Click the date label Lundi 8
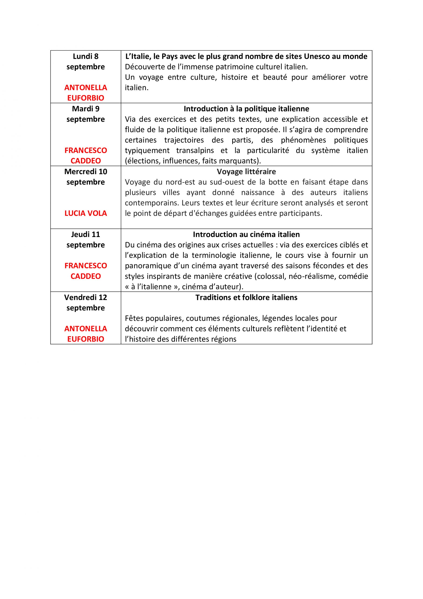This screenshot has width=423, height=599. pos(86,56)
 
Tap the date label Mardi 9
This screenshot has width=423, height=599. pos(86,109)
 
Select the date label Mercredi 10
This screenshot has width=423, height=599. pos(86,172)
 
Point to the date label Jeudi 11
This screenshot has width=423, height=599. pos(86,234)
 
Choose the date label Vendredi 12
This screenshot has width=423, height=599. pos(86,297)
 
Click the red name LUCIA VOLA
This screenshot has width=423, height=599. pos(86,213)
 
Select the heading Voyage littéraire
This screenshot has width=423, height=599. pos(246,172)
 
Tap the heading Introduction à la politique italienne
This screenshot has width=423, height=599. pos(246,109)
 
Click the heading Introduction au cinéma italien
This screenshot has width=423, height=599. pos(246,234)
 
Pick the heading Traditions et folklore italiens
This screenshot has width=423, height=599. pos(246,297)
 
